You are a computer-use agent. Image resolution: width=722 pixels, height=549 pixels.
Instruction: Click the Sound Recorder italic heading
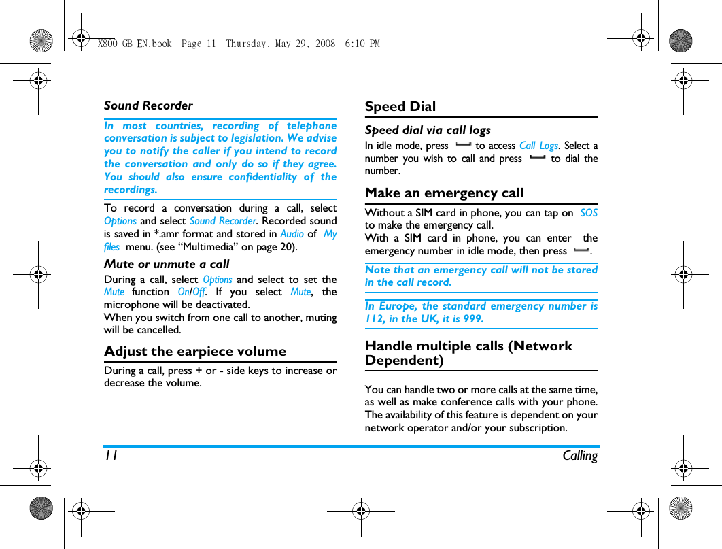click(148, 105)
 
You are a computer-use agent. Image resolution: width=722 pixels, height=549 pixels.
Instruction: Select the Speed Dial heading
click(400, 107)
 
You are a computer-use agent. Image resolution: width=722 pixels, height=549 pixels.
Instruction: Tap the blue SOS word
click(589, 213)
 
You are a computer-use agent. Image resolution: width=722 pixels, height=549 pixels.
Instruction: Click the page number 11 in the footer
click(110, 456)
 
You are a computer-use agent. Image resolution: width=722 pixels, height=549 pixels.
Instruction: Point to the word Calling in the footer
click(579, 456)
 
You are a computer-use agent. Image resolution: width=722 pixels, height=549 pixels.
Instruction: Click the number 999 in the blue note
click(472, 319)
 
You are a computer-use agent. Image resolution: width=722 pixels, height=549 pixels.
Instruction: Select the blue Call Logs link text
click(538, 146)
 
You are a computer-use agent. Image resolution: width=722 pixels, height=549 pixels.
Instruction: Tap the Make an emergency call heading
click(444, 193)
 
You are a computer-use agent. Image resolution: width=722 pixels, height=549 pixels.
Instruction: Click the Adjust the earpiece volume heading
click(195, 352)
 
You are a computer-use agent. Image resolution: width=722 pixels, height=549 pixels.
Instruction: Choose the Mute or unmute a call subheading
click(167, 264)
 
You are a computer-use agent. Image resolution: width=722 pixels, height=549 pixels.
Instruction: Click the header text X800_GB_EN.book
click(135, 44)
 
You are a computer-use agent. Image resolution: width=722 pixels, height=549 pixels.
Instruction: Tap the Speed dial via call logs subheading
click(428, 130)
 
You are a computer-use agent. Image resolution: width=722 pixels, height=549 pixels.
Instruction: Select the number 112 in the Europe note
click(375, 319)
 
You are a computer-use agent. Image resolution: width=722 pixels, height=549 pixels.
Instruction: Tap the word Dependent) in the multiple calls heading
click(404, 361)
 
